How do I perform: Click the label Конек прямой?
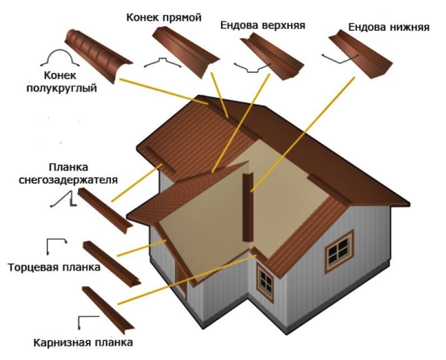[x=164, y=18]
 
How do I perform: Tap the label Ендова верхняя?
[x=263, y=25]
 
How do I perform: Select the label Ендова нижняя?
[x=389, y=27]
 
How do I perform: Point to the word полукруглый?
[x=62, y=88]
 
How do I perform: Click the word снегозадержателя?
[x=68, y=180]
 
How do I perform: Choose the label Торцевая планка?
[x=54, y=268]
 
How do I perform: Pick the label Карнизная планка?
[x=83, y=342]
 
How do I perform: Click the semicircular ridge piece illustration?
[x=98, y=55]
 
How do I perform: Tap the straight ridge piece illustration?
[x=186, y=52]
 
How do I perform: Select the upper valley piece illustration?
[x=272, y=56]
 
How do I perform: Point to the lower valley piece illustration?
[x=361, y=54]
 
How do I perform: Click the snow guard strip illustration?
[x=105, y=211]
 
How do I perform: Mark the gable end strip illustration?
[x=111, y=264]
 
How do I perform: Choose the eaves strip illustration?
[x=108, y=310]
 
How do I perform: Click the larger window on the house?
[x=339, y=251]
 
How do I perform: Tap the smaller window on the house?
[x=265, y=282]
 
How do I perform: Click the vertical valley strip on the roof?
[x=248, y=207]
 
